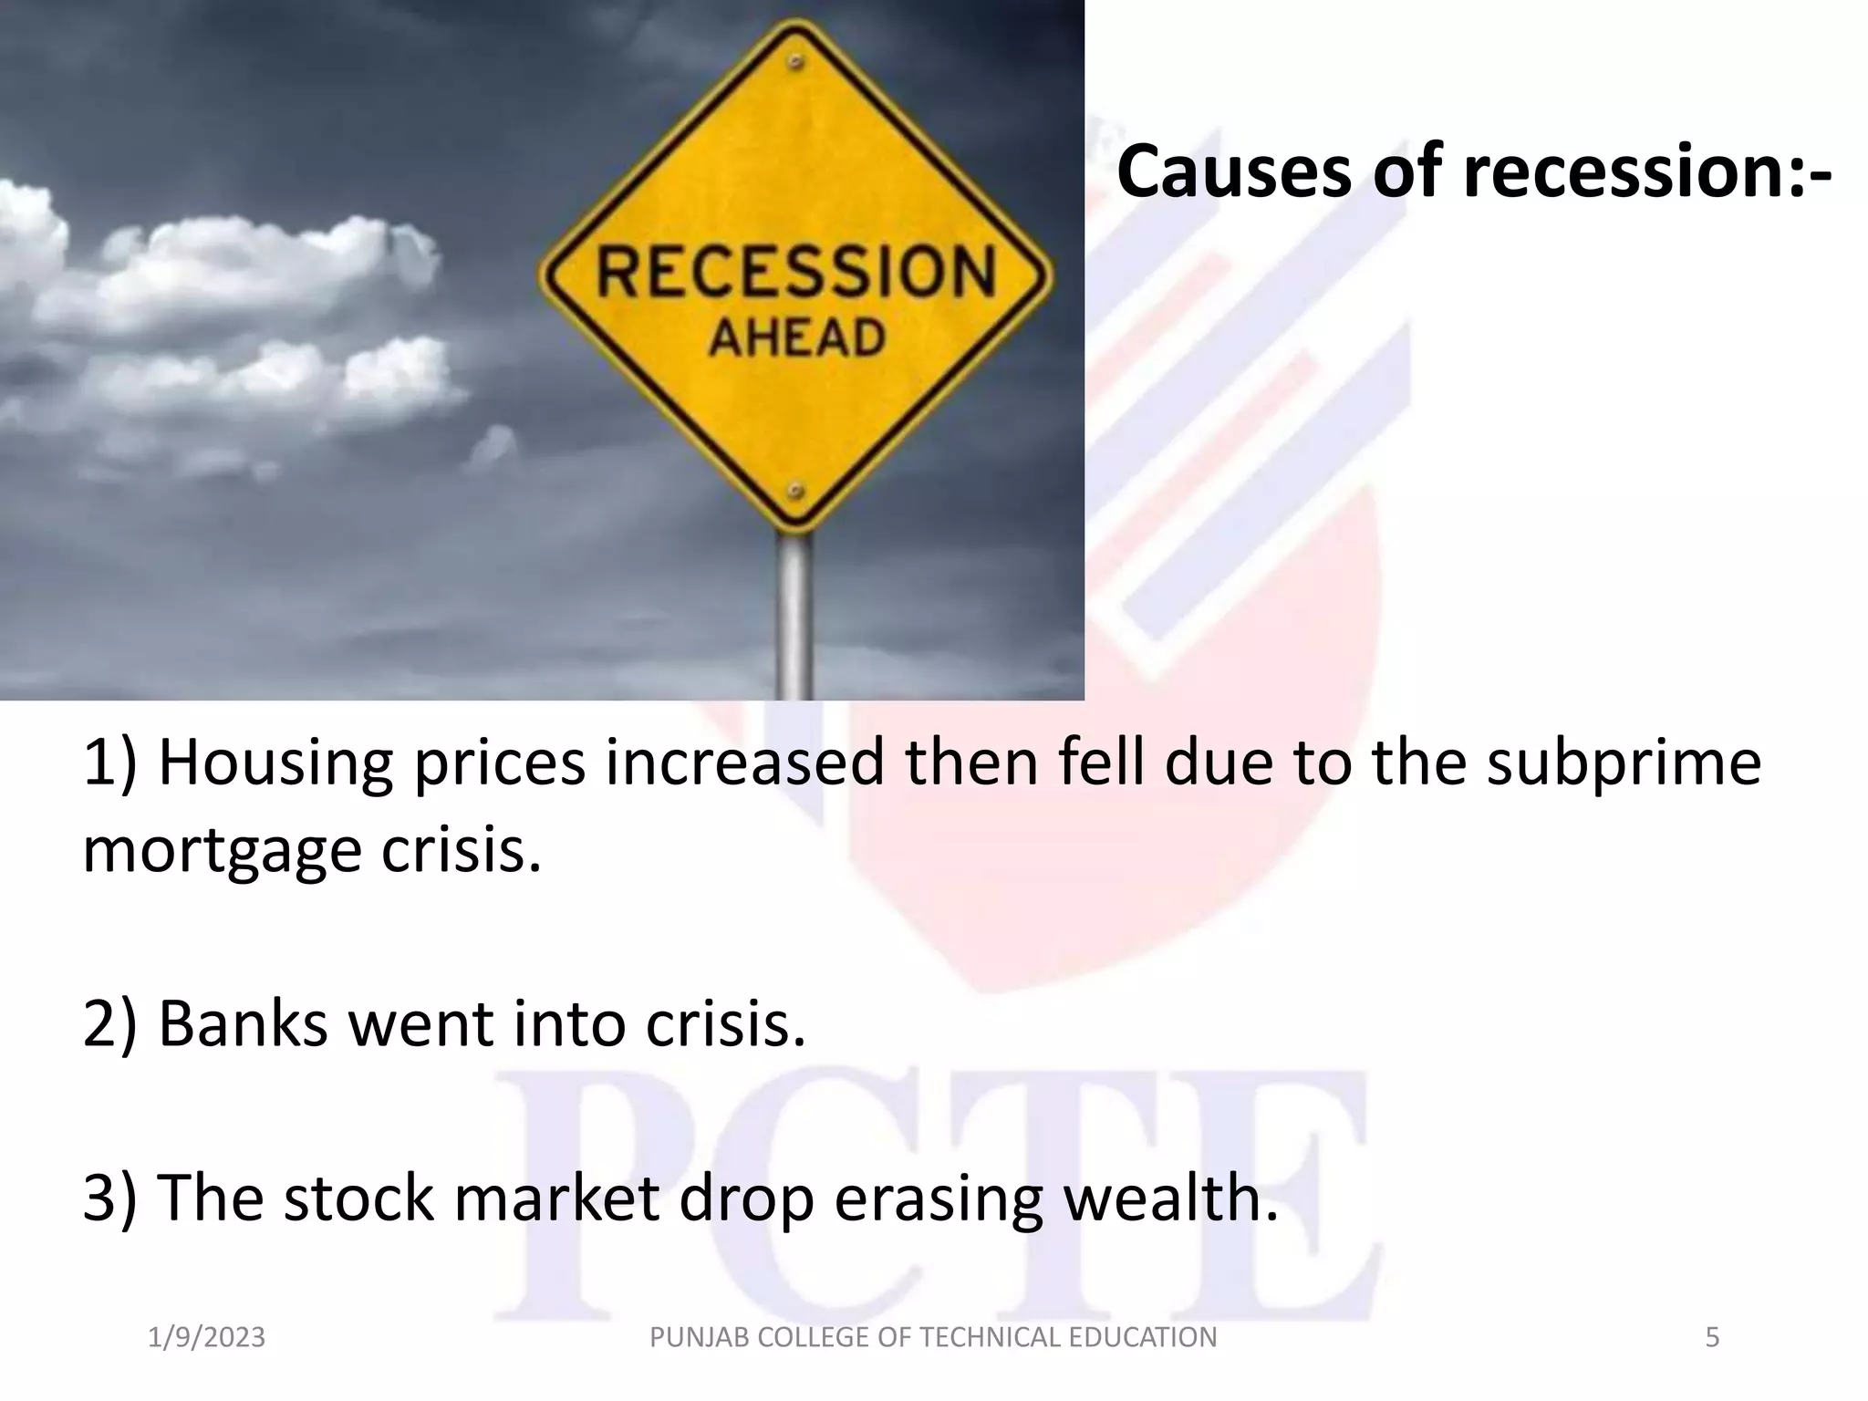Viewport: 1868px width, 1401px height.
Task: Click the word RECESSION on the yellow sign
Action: [x=795, y=272]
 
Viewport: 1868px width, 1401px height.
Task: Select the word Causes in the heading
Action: [x=1233, y=171]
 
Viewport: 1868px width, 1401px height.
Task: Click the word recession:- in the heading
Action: [x=1647, y=171]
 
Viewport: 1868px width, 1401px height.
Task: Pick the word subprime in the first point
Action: [x=1624, y=764]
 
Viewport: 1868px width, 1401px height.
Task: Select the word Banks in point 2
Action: [x=243, y=1023]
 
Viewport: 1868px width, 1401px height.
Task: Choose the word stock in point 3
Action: [x=358, y=1198]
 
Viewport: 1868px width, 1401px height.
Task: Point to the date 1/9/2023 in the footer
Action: [x=206, y=1338]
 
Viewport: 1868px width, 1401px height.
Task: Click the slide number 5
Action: [x=1712, y=1338]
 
